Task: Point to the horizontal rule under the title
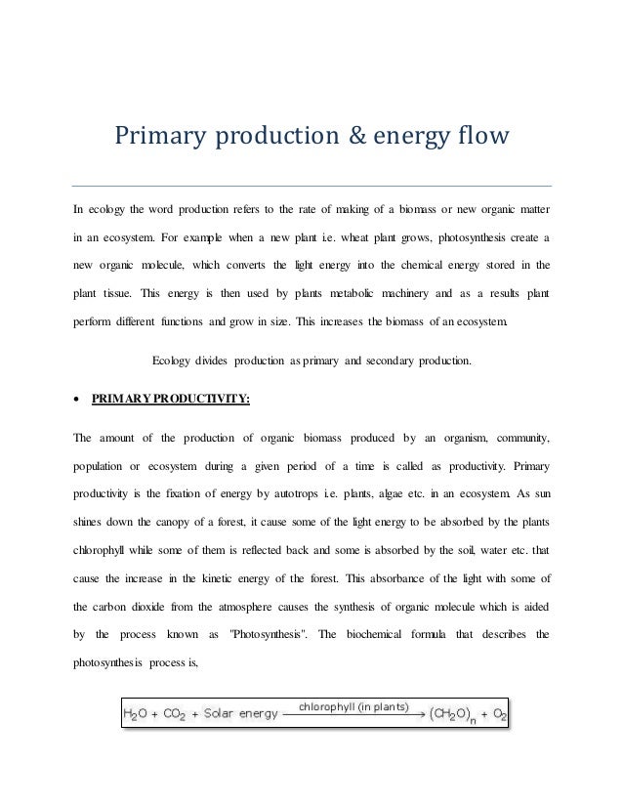[311, 186]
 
